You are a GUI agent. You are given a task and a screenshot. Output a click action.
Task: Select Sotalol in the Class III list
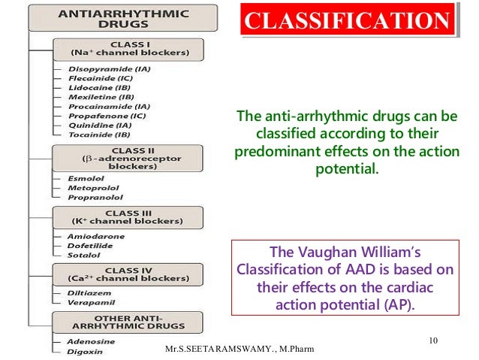[81, 255]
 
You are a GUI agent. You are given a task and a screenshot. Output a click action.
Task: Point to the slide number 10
[433, 342]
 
